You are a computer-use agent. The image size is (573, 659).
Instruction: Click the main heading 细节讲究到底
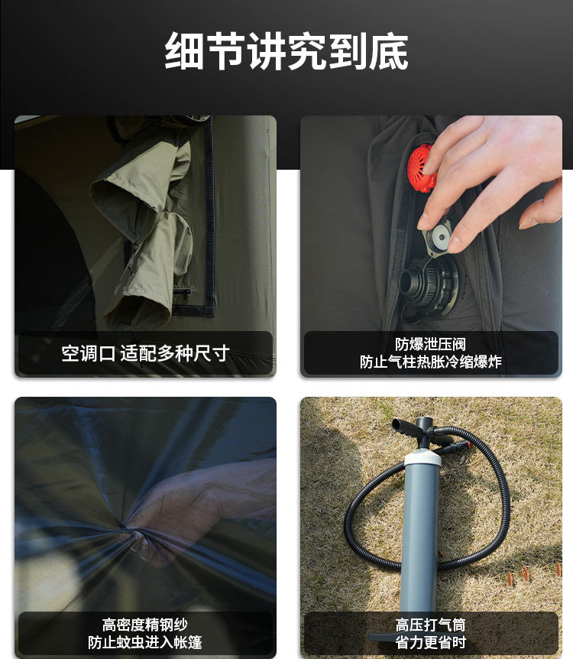pos(286,51)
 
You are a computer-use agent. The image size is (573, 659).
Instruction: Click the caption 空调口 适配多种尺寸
pos(145,353)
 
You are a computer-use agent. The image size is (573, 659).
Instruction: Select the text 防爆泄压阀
pos(431,344)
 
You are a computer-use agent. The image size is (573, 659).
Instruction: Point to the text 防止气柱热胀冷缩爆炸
pos(431,362)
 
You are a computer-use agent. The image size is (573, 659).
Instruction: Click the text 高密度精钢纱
pos(145,625)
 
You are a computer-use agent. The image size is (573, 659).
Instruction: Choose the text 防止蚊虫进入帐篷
pos(145,642)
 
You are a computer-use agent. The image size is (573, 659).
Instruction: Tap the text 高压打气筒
pos(431,625)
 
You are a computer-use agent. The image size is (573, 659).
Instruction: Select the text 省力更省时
pos(431,642)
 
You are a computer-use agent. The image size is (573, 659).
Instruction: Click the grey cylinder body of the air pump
pos(420,538)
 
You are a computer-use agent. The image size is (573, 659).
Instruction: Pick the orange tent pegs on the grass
pos(533,573)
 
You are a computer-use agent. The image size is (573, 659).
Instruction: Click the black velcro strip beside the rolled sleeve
pos(209,214)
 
